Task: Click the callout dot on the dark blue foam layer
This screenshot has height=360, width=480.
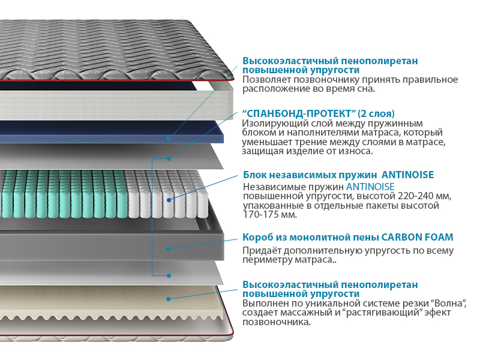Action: [x=169, y=138]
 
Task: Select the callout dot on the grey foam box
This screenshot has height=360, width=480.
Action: [x=169, y=248]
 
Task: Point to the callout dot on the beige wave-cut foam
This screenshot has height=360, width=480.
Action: [x=169, y=298]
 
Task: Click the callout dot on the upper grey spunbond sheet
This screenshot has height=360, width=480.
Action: [x=169, y=158]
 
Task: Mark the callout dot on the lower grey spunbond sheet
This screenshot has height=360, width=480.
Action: [x=169, y=276]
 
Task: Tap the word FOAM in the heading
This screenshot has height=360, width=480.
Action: [x=438, y=237]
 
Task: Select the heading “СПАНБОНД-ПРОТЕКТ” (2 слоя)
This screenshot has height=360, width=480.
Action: [x=318, y=113]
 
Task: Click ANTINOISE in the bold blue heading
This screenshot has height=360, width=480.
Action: [x=402, y=175]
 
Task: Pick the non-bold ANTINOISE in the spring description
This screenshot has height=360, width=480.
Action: [x=370, y=187]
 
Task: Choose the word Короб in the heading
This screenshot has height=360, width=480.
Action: [x=258, y=237]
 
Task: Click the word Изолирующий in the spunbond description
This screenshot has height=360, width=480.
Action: [x=272, y=123]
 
